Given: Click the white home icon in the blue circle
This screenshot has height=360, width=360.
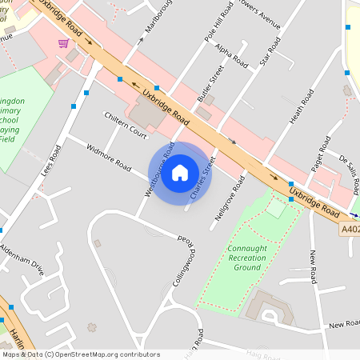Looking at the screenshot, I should (180, 172).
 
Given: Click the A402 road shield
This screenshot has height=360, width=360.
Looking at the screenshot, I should (350, 229).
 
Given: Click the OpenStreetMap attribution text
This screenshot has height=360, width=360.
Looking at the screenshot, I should (80, 354).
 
